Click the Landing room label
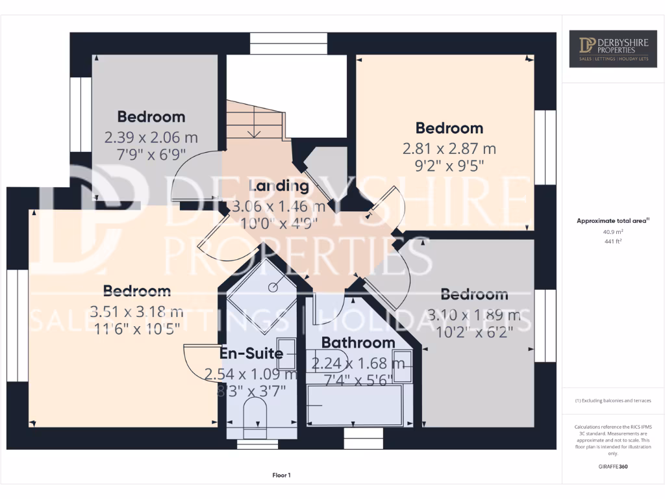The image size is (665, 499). [x=279, y=186]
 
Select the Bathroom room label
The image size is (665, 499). [x=358, y=342]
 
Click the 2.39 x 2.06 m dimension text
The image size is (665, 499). [x=151, y=138]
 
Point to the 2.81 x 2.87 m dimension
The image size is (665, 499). [x=449, y=149]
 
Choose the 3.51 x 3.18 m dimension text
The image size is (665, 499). [x=136, y=311]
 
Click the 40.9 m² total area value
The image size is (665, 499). [x=613, y=231]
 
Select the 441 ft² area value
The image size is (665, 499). [x=613, y=241]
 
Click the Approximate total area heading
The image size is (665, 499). [x=612, y=221]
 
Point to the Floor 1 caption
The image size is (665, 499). [x=281, y=476]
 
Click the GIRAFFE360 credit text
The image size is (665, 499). [x=613, y=467]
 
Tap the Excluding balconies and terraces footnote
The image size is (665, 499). [x=613, y=401]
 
